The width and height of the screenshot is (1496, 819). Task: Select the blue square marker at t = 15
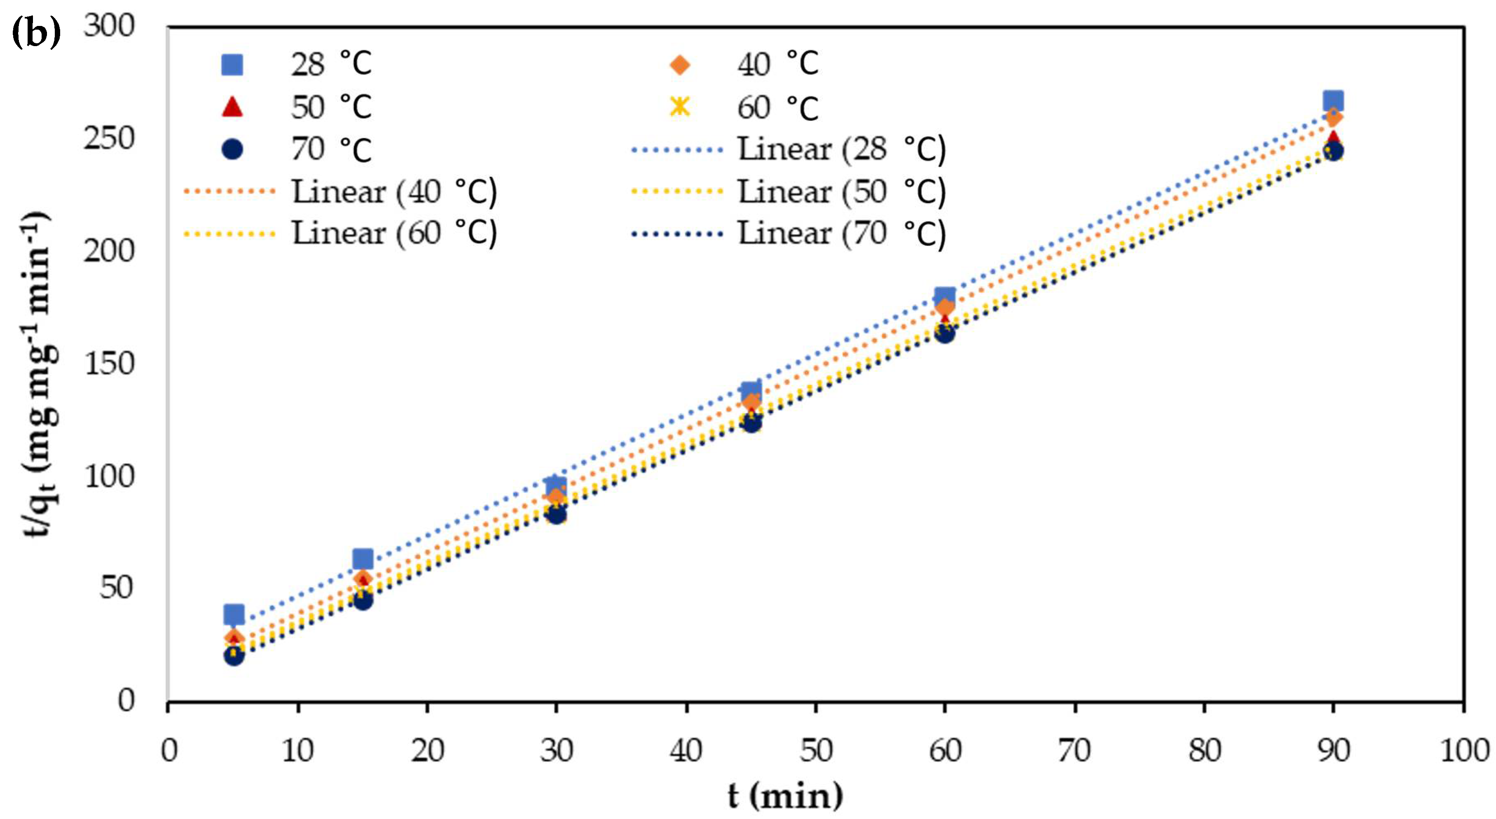(x=363, y=559)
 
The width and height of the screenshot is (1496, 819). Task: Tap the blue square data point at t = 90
(x=1333, y=100)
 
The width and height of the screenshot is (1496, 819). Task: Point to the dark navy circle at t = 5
(x=234, y=656)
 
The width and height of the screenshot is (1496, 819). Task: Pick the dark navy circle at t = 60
(x=945, y=333)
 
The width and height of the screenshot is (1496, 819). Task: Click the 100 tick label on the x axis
(x=1464, y=751)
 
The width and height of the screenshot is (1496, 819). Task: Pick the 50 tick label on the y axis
(x=116, y=588)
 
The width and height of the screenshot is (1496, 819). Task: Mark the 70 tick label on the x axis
(x=1075, y=751)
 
